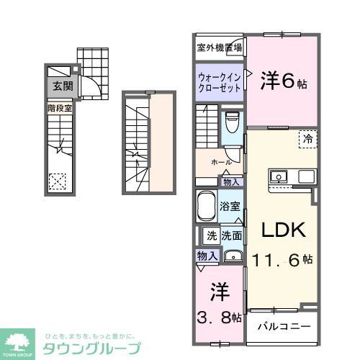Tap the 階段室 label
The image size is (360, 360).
[60, 108]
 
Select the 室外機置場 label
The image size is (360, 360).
[220, 48]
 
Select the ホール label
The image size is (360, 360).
[220, 163]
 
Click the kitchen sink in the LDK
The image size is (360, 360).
[279, 176]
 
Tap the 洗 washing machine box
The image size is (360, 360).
[212, 235]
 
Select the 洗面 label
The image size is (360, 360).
[231, 235]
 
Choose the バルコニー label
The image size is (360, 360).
[284, 326]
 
